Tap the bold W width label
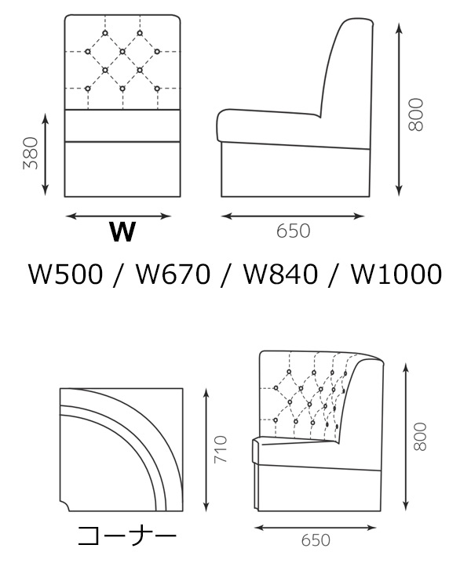coord(122,232)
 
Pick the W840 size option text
coord(280,274)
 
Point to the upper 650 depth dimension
coord(294,232)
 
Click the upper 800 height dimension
coord(416,114)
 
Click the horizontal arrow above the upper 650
coord(294,216)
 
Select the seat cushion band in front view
coord(123,125)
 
